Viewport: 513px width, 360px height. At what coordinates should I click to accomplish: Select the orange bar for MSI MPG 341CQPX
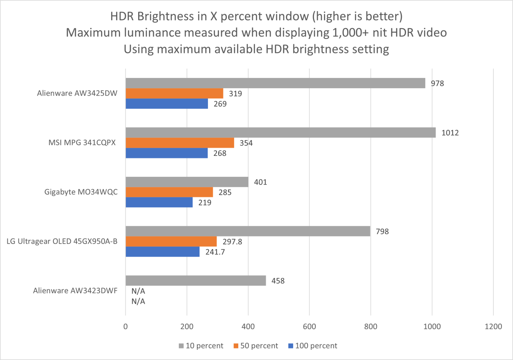pyautogui.click(x=180, y=143)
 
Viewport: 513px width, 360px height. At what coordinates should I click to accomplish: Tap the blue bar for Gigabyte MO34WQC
pyautogui.click(x=159, y=202)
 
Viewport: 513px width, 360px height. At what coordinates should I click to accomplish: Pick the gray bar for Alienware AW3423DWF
pyautogui.click(x=196, y=281)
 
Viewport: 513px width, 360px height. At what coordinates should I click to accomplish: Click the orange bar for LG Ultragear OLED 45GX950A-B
pyautogui.click(x=171, y=242)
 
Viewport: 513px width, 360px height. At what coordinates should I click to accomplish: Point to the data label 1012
pyautogui.click(x=451, y=133)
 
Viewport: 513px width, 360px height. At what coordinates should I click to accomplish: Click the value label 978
pyautogui.click(x=437, y=83)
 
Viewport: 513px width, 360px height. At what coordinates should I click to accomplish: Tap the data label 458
pyautogui.click(x=278, y=281)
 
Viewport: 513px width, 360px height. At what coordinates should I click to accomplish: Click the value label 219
pyautogui.click(x=205, y=202)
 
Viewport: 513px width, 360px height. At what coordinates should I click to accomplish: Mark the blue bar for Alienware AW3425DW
pyautogui.click(x=166, y=103)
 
